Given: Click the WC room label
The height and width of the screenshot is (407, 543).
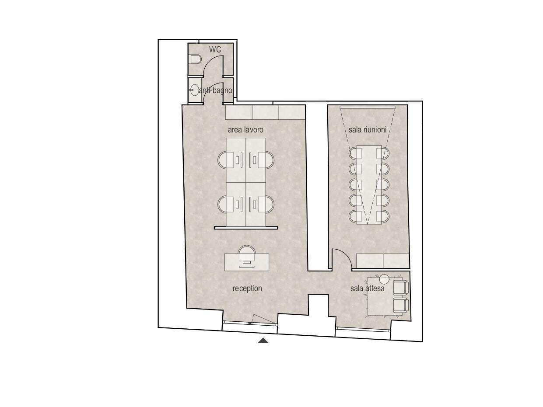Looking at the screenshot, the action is point(215,49).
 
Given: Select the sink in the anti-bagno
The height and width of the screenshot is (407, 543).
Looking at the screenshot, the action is point(194,90).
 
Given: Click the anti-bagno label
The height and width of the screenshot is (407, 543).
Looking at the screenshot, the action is point(215,90).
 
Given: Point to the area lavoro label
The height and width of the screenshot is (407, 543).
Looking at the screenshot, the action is point(245,129).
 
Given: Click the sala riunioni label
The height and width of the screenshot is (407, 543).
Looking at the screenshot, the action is point(368,129).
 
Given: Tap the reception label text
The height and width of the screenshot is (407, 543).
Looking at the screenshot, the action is point(247,289).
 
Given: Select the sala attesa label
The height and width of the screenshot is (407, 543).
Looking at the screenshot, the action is point(368,289).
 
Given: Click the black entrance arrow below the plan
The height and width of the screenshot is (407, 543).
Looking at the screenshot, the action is point(263,341).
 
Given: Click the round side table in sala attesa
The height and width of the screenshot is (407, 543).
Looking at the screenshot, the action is point(384,279).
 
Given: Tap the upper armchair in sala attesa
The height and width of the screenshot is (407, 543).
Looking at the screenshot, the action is point(401,288).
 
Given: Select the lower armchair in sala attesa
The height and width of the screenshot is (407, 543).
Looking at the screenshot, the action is point(401,305).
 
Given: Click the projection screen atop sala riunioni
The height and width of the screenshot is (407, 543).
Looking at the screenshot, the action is point(368,107).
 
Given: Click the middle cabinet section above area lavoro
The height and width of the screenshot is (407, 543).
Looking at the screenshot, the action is point(266,112).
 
